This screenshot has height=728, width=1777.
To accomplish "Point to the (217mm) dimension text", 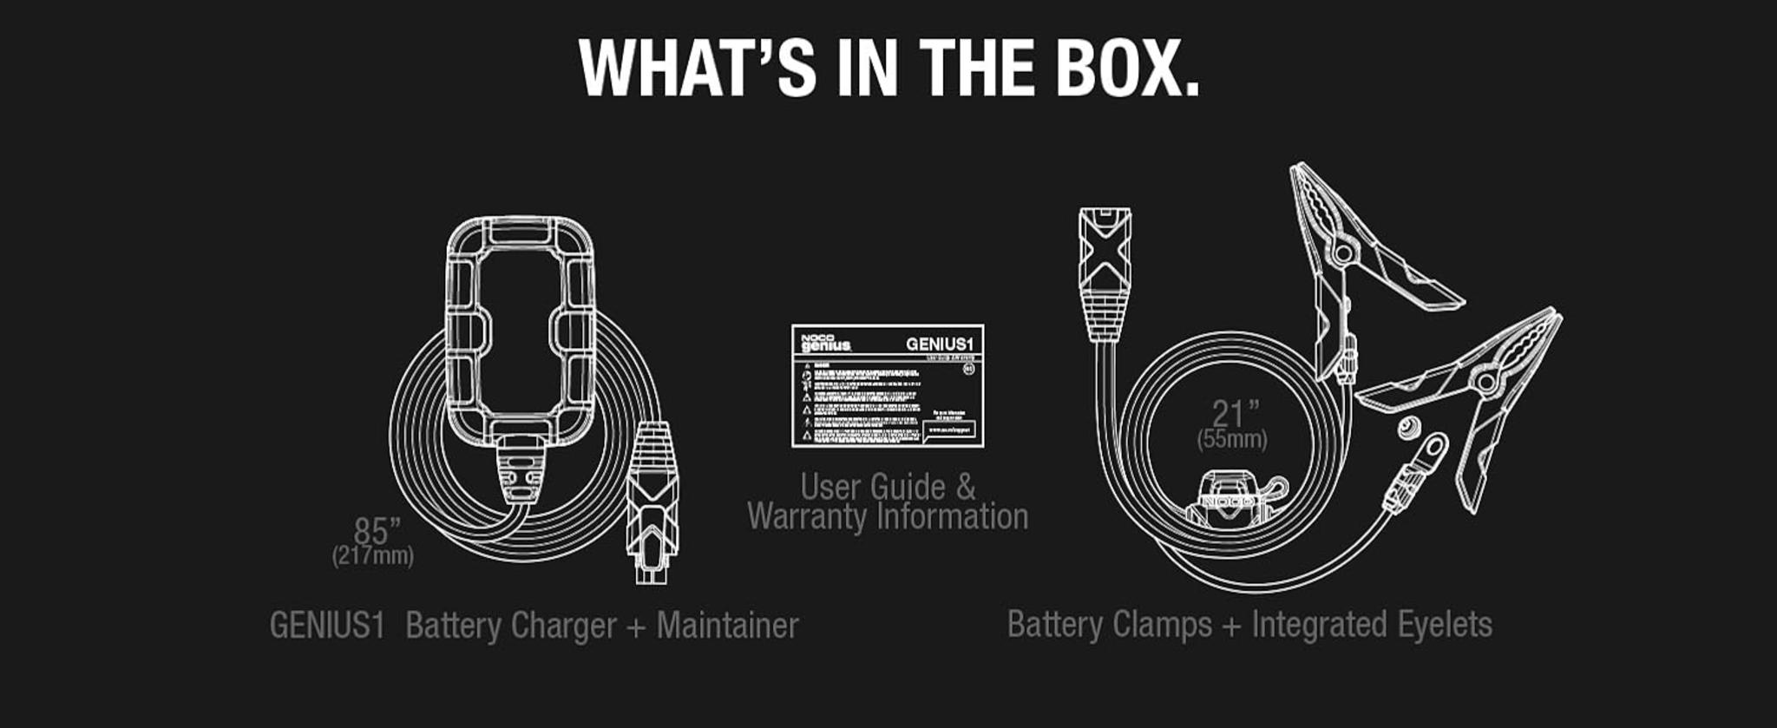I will pos(372,555).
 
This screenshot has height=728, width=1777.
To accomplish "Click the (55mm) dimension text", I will pos(1232,439).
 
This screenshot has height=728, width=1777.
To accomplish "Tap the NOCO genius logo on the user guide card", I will pos(825,343).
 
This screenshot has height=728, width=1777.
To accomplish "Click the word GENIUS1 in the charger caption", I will pos(326,625).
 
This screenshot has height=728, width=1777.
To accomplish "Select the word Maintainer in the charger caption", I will pos(727,625).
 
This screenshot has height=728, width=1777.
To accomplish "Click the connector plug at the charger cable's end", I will pos(652,503).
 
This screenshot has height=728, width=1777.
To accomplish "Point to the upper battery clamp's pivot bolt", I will pos(1343,253).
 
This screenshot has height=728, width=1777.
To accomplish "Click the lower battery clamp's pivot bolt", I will pos(1485,381).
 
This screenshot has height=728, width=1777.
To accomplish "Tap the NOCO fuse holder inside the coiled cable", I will pos(1228,499).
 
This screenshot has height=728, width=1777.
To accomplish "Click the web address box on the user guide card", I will pos(950,430).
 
